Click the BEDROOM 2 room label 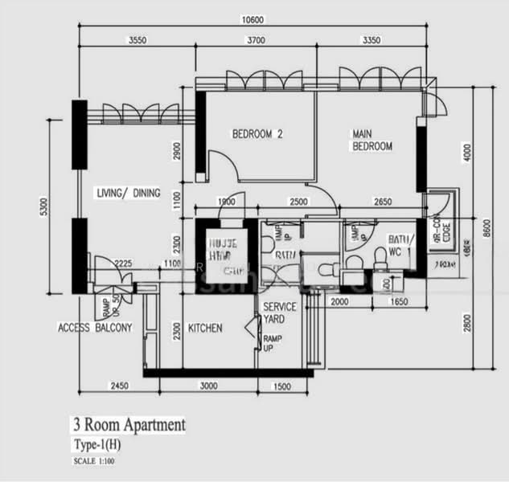pos(258,134)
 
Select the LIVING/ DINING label pos(128,194)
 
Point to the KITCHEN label pos(205,328)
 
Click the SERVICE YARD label pos(280,312)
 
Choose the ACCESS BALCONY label pos(95,328)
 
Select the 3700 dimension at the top pos(257,39)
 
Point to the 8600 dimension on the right pos(485,227)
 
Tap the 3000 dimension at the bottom pos(207,386)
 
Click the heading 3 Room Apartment pos(129,425)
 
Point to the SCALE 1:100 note pos(93,460)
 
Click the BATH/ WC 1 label pos(399,245)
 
